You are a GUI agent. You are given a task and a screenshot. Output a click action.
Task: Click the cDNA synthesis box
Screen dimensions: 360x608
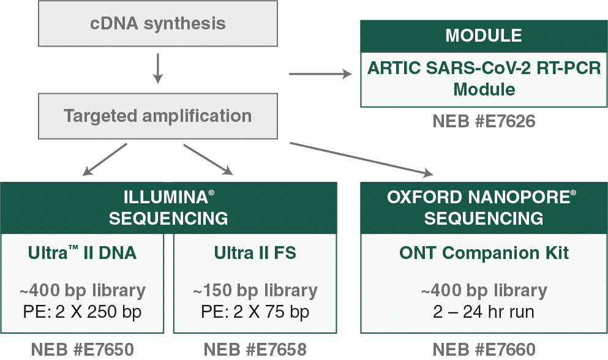click(158, 24)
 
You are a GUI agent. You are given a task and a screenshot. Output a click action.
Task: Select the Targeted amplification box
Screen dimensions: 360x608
click(158, 116)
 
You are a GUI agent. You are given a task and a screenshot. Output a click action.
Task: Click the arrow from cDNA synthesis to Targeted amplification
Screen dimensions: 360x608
click(158, 68)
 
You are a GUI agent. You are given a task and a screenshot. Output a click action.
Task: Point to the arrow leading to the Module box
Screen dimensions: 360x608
click(321, 75)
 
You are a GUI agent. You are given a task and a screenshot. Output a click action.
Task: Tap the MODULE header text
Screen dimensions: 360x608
click(483, 36)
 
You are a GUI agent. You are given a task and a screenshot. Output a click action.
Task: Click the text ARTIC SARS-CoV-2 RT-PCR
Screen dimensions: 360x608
click(484, 68)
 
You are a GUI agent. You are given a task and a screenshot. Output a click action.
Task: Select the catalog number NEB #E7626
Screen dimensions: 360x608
click(484, 122)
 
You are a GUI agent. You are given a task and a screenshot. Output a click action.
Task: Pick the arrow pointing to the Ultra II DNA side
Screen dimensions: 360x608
click(103, 160)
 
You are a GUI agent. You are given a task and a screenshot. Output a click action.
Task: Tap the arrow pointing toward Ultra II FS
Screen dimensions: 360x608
click(208, 160)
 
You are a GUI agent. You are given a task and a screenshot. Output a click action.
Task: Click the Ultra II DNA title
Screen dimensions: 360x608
click(81, 253)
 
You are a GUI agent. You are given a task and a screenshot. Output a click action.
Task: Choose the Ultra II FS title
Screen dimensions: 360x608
click(255, 253)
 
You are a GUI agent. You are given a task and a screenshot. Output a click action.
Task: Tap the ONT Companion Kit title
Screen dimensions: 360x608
click(484, 253)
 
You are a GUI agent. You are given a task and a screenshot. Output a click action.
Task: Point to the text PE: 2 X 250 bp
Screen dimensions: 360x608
click(81, 312)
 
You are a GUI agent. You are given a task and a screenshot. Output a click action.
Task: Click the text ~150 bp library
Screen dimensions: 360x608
click(255, 290)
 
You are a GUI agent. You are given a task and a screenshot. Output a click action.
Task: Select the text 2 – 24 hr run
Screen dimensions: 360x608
click(484, 312)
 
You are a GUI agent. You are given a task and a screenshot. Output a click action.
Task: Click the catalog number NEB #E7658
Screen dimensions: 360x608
click(255, 350)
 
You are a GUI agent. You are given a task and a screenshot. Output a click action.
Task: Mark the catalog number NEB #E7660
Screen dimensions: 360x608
click(484, 350)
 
